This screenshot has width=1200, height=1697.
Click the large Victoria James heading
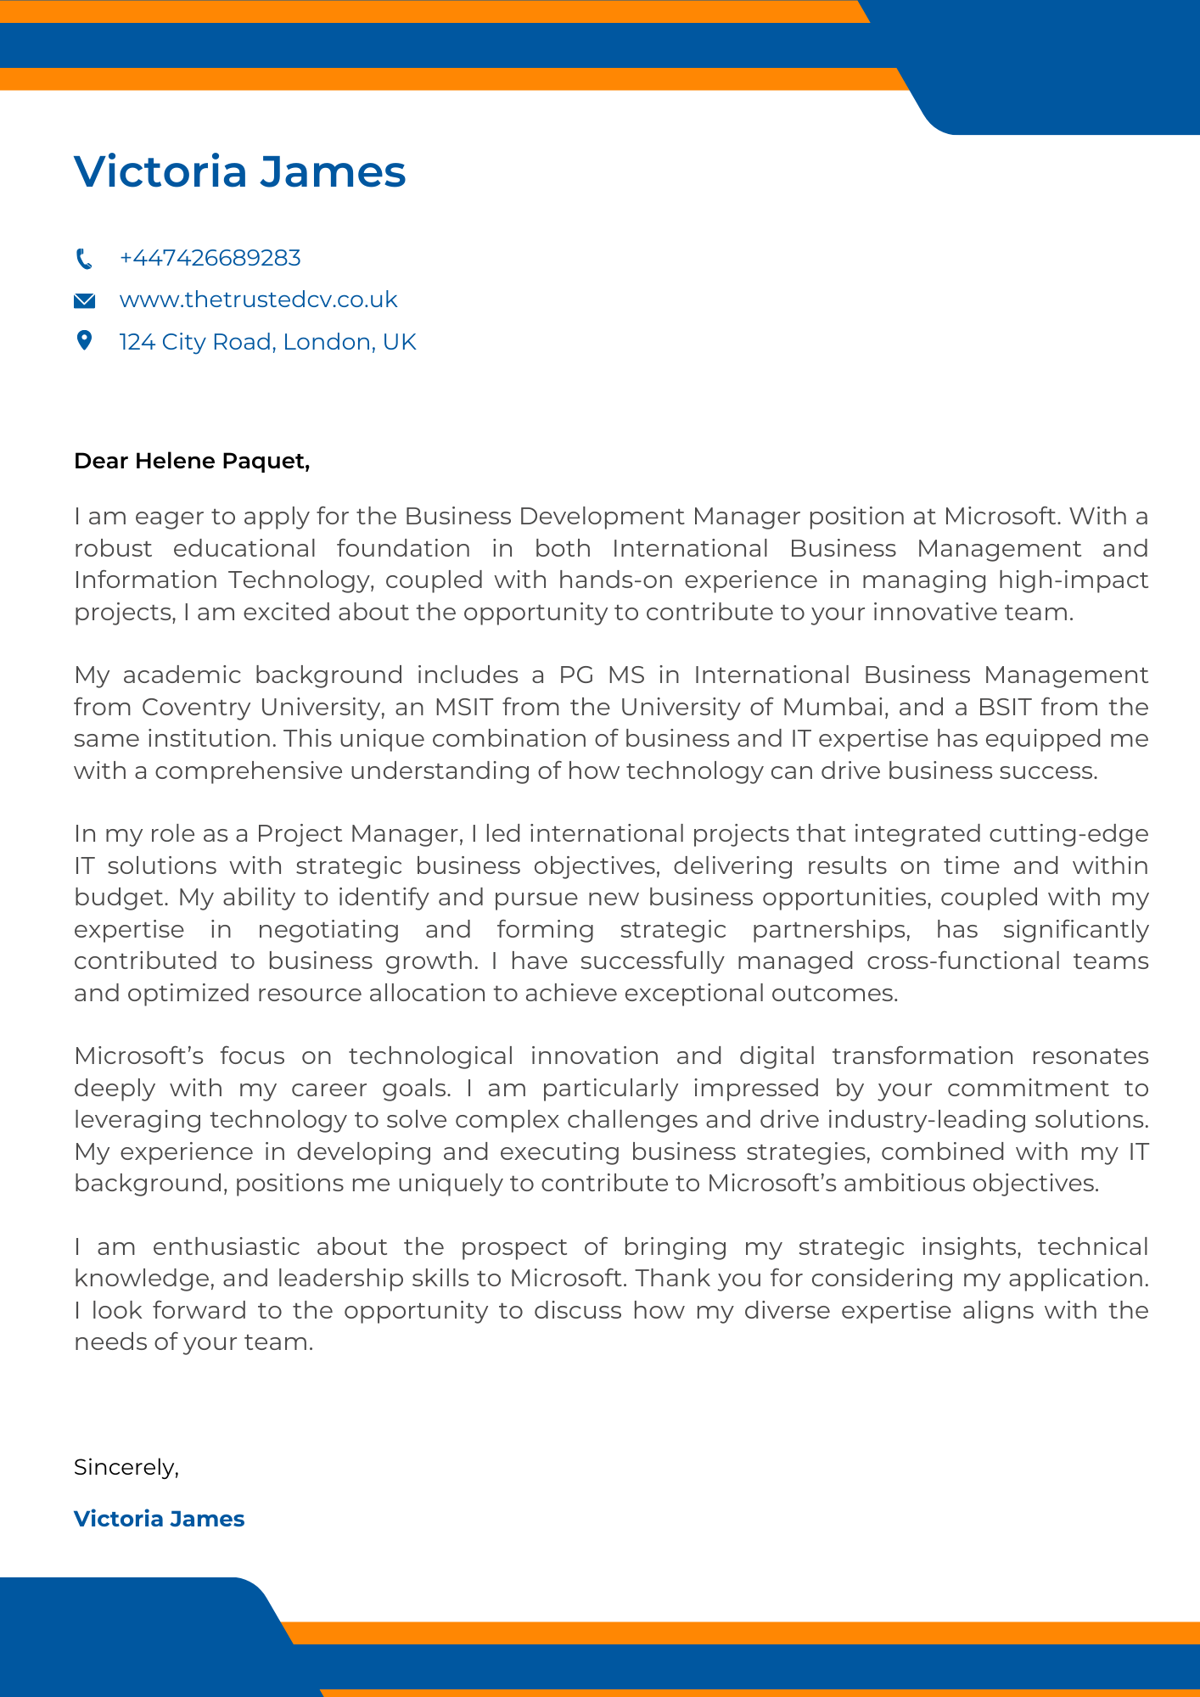[x=240, y=171]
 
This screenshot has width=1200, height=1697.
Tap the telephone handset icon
[x=84, y=258]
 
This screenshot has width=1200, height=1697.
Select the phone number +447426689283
[x=210, y=258]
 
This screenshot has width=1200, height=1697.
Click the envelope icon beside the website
[x=84, y=300]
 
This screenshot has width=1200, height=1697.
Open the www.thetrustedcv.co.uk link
[x=258, y=300]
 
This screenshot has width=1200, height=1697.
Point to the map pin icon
[x=84, y=341]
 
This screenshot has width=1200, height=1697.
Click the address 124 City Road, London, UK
[x=267, y=342]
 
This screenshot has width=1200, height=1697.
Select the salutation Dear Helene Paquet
[x=192, y=461]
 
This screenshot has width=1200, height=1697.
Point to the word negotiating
[x=328, y=929]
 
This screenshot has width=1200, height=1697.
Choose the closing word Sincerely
[x=126, y=1467]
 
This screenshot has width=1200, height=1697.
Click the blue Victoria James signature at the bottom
[x=160, y=1519]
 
